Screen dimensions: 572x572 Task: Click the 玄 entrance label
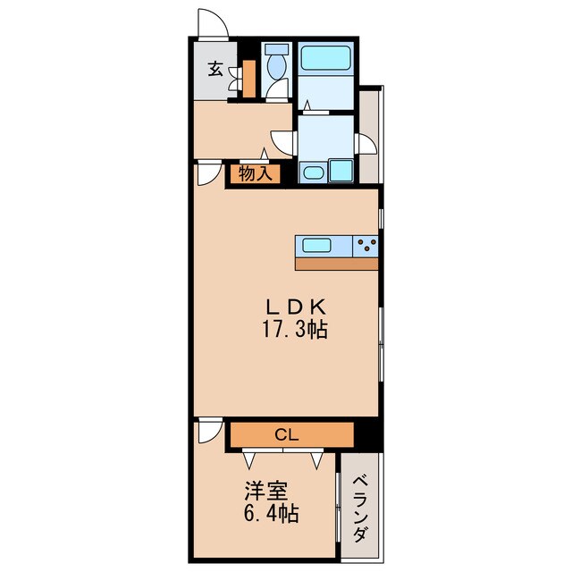tap(215, 69)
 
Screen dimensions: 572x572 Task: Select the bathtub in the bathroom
tap(325, 57)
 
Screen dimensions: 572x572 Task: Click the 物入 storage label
tap(256, 173)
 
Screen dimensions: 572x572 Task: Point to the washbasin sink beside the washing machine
tap(314, 172)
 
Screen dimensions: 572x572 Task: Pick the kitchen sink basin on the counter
tap(316, 245)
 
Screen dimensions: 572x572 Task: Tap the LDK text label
tap(296, 307)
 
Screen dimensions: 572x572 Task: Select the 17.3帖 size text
tap(295, 330)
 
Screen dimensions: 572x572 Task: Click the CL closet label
tap(286, 434)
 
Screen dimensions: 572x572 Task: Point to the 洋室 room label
tap(266, 491)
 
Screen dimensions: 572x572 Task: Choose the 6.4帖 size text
tap(271, 513)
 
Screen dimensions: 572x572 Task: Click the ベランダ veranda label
tap(359, 508)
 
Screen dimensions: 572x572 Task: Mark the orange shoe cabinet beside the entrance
tap(249, 79)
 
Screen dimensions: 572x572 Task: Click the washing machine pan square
tap(341, 171)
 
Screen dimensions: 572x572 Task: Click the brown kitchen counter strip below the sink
tap(336, 265)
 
